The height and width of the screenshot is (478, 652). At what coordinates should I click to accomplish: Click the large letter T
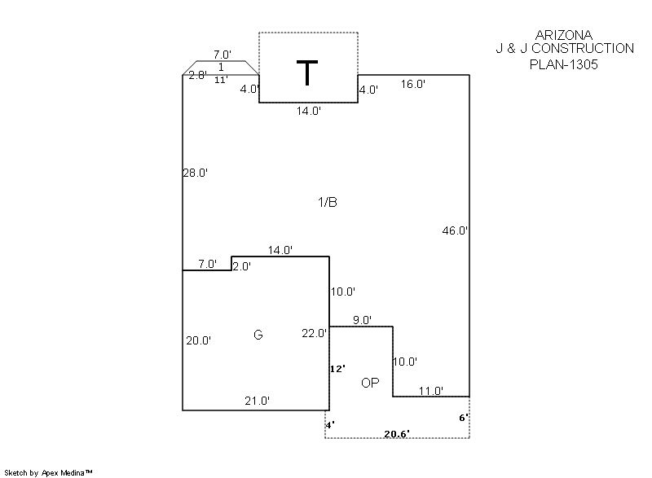pos(307,72)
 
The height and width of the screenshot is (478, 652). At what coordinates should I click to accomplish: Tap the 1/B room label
pos(328,202)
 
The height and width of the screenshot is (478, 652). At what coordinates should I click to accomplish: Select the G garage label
pos(258,335)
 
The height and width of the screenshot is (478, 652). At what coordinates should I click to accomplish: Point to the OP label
pos(370,383)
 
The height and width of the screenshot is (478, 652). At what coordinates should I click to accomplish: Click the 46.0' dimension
pos(455,230)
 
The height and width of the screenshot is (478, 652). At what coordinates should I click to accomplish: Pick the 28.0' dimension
pos(195,173)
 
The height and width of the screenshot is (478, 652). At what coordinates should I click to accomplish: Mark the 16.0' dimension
pos(413,85)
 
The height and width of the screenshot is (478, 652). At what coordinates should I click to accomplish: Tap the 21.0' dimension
pos(257,401)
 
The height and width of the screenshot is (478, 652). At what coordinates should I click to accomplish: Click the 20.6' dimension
pos(397,434)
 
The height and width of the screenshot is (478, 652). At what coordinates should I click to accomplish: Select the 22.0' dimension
pos(315,333)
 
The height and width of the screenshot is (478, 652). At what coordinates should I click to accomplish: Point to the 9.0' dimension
pos(362,320)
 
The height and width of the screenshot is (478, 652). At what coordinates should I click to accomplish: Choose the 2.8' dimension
pos(198,75)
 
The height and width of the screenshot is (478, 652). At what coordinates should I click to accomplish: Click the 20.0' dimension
pos(198,340)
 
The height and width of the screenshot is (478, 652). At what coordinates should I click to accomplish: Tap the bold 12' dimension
pos(337,369)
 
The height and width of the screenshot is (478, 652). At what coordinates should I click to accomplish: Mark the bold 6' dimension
pos(464,418)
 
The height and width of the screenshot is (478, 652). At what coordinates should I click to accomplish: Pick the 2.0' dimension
pos(241,266)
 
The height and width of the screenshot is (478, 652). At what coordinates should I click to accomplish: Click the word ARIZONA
pos(564,35)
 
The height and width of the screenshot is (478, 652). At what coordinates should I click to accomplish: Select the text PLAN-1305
pos(564,64)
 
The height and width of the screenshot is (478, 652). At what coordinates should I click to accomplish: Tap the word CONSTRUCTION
pos(583,49)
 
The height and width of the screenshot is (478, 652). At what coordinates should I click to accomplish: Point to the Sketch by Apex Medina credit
pos(48,472)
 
